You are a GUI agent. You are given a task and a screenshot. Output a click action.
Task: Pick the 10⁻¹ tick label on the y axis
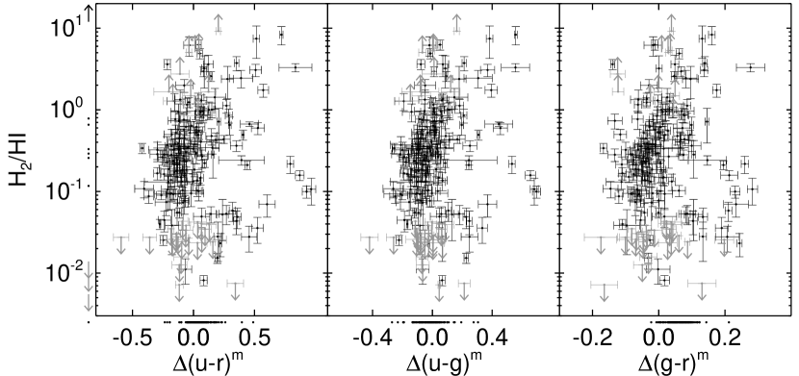pyautogui.click(x=64, y=190)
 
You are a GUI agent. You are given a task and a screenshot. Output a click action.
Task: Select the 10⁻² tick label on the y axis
pyautogui.click(x=64, y=271)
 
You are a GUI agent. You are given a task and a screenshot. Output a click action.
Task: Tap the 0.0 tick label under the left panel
pyautogui.click(x=193, y=338)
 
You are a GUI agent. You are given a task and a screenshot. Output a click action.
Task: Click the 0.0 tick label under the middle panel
pyautogui.click(x=432, y=338)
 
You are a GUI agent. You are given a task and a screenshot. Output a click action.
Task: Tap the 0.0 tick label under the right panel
pyautogui.click(x=658, y=338)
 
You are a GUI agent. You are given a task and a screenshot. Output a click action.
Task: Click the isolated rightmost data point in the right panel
pyautogui.click(x=751, y=67)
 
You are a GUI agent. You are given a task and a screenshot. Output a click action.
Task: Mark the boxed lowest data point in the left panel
pyautogui.click(x=204, y=281)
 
